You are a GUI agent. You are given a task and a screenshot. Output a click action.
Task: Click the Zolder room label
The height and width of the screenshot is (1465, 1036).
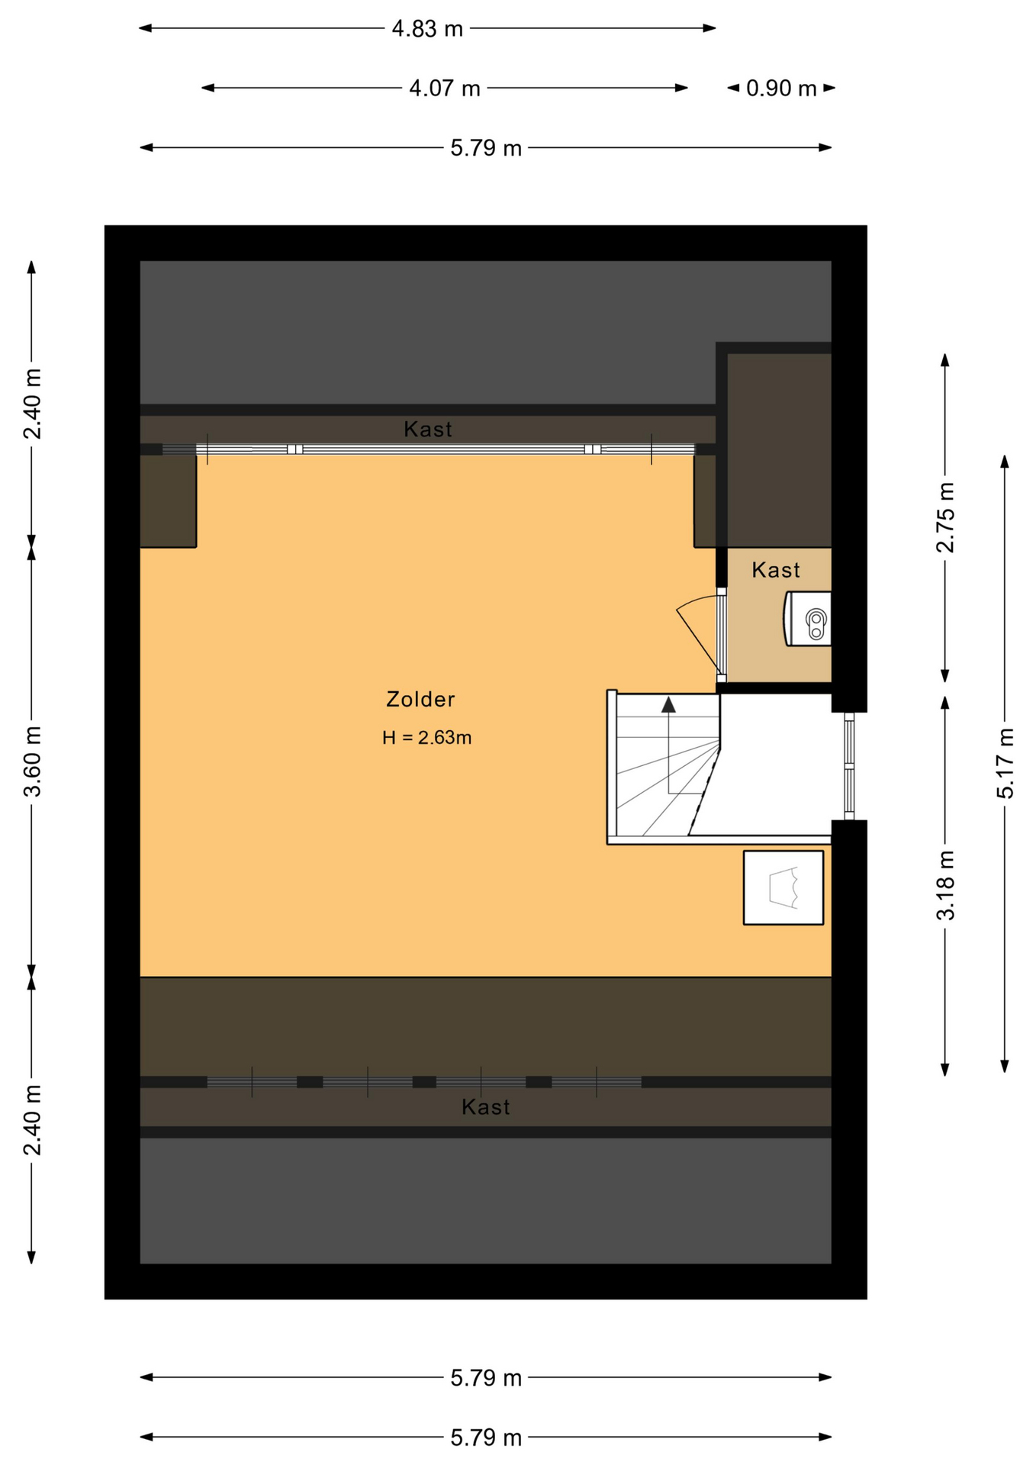pyautogui.click(x=420, y=699)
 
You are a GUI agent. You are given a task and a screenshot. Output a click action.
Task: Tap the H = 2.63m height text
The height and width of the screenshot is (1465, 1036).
pyautogui.click(x=426, y=738)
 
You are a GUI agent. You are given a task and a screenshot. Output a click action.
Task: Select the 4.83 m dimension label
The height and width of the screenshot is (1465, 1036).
pyautogui.click(x=427, y=29)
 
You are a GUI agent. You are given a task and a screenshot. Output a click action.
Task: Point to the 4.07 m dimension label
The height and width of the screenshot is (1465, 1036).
pyautogui.click(x=445, y=89)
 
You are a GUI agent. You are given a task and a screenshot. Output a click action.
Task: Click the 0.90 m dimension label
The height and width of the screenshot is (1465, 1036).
pyautogui.click(x=781, y=89)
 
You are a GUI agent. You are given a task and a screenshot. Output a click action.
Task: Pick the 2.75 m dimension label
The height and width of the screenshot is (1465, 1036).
pyautogui.click(x=945, y=517)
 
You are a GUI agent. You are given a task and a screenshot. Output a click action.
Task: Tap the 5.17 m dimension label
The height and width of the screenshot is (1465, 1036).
pyautogui.click(x=1005, y=764)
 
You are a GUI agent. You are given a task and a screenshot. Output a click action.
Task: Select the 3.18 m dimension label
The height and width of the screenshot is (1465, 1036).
pyautogui.click(x=945, y=885)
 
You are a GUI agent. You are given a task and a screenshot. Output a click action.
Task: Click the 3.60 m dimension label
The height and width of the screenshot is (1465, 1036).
pyautogui.click(x=32, y=761)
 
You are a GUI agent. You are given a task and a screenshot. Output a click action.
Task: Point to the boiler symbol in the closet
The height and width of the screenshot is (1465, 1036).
pyautogui.click(x=808, y=619)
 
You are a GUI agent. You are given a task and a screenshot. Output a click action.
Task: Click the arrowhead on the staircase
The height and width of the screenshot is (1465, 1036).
pyautogui.click(x=668, y=705)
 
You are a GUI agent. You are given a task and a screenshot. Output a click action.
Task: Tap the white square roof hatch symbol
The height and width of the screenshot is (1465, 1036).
pyautogui.click(x=783, y=887)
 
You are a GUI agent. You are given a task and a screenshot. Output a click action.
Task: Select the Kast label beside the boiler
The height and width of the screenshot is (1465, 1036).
pyautogui.click(x=776, y=570)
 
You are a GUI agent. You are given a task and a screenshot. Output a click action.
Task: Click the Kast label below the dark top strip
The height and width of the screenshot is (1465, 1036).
pyautogui.click(x=428, y=430)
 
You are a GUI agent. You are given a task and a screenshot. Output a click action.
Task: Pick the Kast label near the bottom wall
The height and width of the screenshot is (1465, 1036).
pyautogui.click(x=486, y=1107)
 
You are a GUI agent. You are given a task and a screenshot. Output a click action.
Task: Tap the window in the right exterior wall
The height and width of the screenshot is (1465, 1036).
pyautogui.click(x=849, y=766)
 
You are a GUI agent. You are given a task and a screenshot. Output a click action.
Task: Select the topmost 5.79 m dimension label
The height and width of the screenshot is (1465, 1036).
pyautogui.click(x=486, y=148)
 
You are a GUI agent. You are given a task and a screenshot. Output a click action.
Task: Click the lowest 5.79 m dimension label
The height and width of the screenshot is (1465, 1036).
pyautogui.click(x=486, y=1438)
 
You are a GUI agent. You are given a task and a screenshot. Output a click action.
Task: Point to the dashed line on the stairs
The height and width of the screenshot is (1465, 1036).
pyautogui.click(x=705, y=791)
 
